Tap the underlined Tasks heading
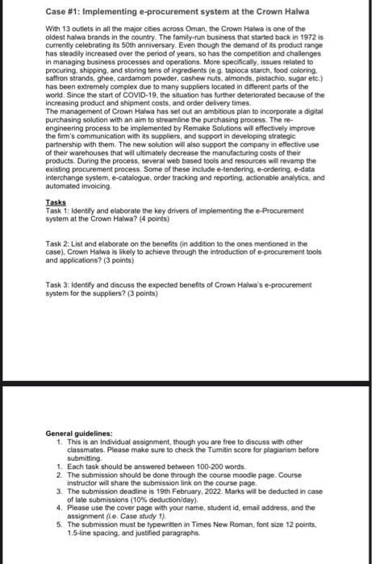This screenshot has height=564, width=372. (x=55, y=226)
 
